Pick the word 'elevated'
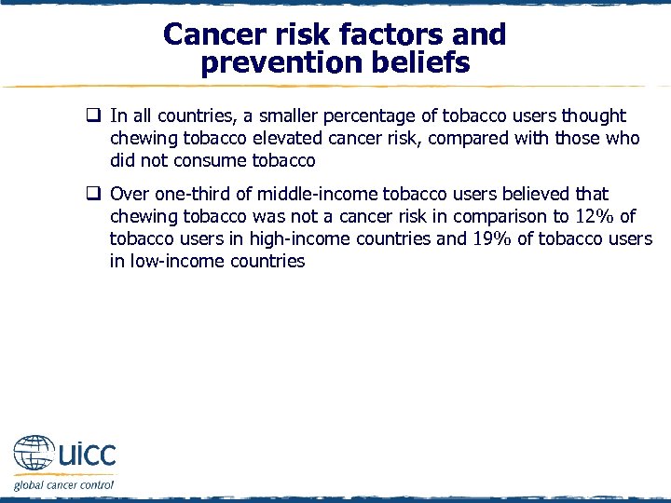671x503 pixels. (281, 138)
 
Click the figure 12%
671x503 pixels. (592, 216)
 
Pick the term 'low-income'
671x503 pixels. (179, 261)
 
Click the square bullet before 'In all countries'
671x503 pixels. (94, 116)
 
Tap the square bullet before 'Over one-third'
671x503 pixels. (94, 195)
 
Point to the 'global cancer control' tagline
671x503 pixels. (63, 484)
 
